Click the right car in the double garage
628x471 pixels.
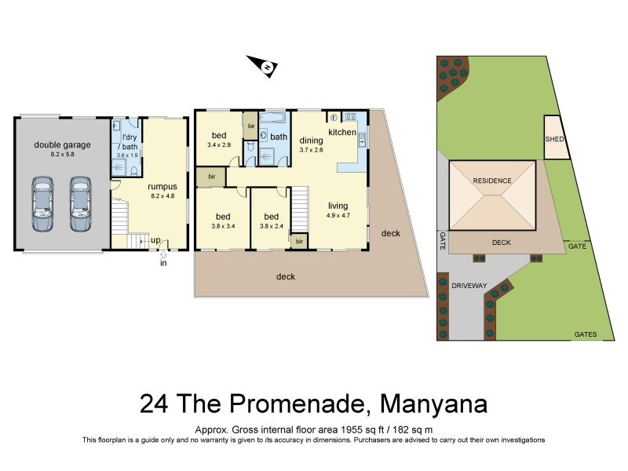coord(80,204)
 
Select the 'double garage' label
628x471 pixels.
coord(62,144)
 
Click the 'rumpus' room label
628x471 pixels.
coord(162,186)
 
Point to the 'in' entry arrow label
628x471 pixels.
coord(163,262)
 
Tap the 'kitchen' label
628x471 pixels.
coord(342,133)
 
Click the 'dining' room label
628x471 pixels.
coord(312,141)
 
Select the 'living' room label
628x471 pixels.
coord(338,206)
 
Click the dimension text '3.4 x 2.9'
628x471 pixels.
coord(219,145)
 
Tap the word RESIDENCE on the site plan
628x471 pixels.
coord(492,181)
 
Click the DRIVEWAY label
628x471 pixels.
coord(469,286)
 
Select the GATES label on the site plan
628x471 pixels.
coord(584,334)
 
